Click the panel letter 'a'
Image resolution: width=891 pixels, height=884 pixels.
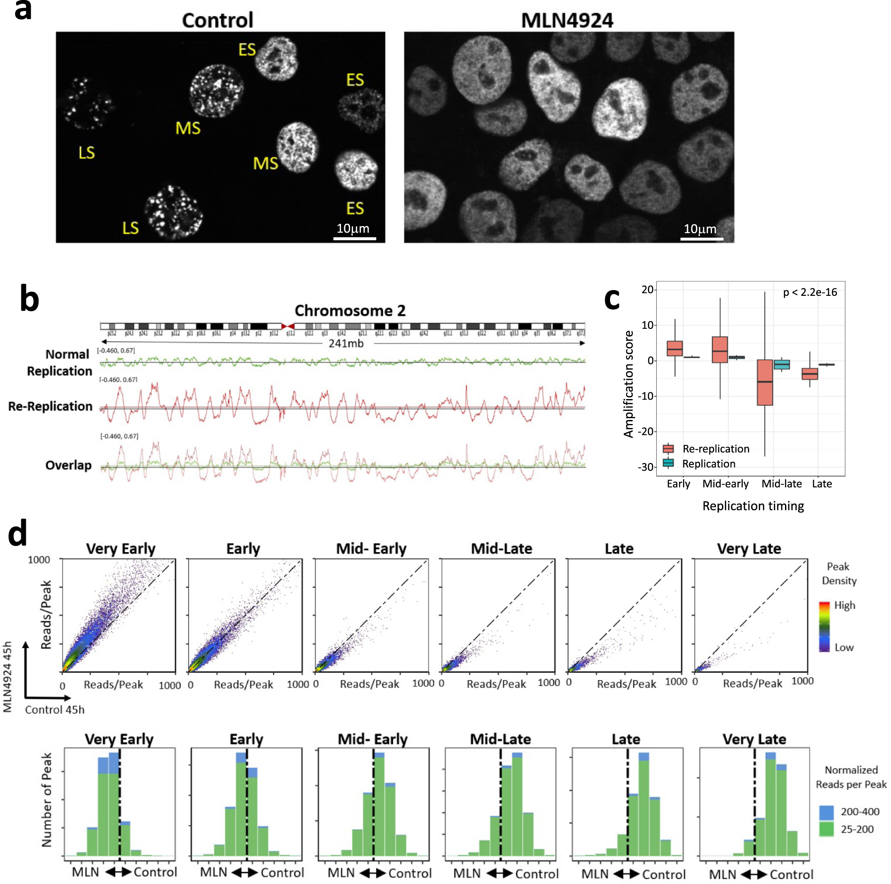click(x=23, y=10)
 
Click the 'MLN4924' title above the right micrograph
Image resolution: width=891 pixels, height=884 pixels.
click(x=567, y=21)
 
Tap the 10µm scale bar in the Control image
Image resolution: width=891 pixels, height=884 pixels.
click(x=354, y=238)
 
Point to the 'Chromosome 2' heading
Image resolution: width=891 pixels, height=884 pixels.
click(x=350, y=311)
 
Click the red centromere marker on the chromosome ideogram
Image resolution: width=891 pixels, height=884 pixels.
click(x=288, y=326)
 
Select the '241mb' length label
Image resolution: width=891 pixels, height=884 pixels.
click(x=346, y=343)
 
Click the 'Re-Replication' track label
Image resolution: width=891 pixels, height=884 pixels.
click(x=50, y=407)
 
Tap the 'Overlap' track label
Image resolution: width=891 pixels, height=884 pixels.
click(x=68, y=465)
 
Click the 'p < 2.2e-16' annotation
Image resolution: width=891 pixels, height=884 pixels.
click(x=810, y=292)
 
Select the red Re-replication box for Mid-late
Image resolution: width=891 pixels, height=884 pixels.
click(x=765, y=383)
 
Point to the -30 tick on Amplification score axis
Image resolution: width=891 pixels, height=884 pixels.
click(x=646, y=467)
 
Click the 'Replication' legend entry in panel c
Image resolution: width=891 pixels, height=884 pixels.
click(x=708, y=464)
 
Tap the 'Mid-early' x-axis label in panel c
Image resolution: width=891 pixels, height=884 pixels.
click(x=725, y=484)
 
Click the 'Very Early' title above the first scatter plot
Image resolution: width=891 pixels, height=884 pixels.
click(x=121, y=549)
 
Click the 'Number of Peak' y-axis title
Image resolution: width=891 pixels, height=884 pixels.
click(x=47, y=800)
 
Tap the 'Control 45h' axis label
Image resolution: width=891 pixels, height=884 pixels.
click(x=54, y=710)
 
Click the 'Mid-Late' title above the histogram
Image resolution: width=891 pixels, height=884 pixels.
click(x=500, y=739)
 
